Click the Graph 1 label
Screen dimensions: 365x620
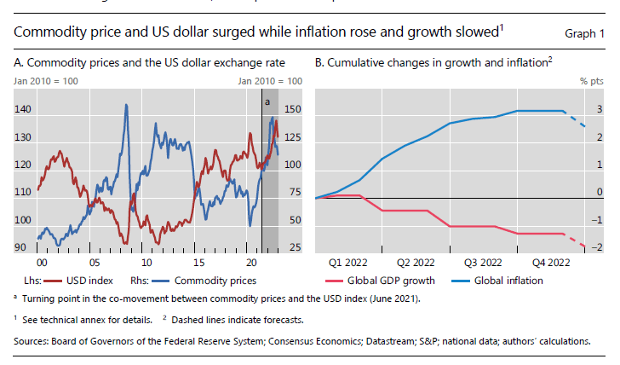pyautogui.click(x=584, y=33)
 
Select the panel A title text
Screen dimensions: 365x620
pyautogui.click(x=149, y=63)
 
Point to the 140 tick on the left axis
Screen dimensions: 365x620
pyautogui.click(x=23, y=110)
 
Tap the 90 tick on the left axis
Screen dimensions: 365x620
pyautogui.click(x=20, y=247)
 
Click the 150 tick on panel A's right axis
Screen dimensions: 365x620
pyautogui.click(x=292, y=110)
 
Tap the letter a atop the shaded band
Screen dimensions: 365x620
pyautogui.click(x=267, y=101)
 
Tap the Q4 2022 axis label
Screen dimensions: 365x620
pyautogui.click(x=553, y=263)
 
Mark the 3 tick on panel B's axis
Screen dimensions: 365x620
pyautogui.click(x=600, y=110)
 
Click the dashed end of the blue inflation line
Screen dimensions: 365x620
pyautogui.click(x=577, y=120)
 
